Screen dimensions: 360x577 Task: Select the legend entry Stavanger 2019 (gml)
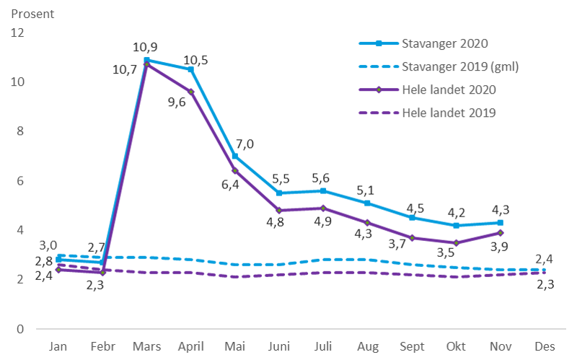click(x=459, y=67)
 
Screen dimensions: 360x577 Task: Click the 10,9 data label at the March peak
click(x=146, y=48)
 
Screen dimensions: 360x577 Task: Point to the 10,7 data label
click(x=125, y=71)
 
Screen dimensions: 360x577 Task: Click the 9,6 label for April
click(x=177, y=102)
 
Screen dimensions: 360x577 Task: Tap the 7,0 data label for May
click(x=245, y=144)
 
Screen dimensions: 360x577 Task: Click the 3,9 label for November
click(x=498, y=247)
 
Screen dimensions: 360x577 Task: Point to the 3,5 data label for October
click(x=447, y=252)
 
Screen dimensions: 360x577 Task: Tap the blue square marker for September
click(x=411, y=217)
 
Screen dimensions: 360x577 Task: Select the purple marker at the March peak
click(x=146, y=65)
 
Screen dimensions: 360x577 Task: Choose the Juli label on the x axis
click(x=322, y=346)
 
